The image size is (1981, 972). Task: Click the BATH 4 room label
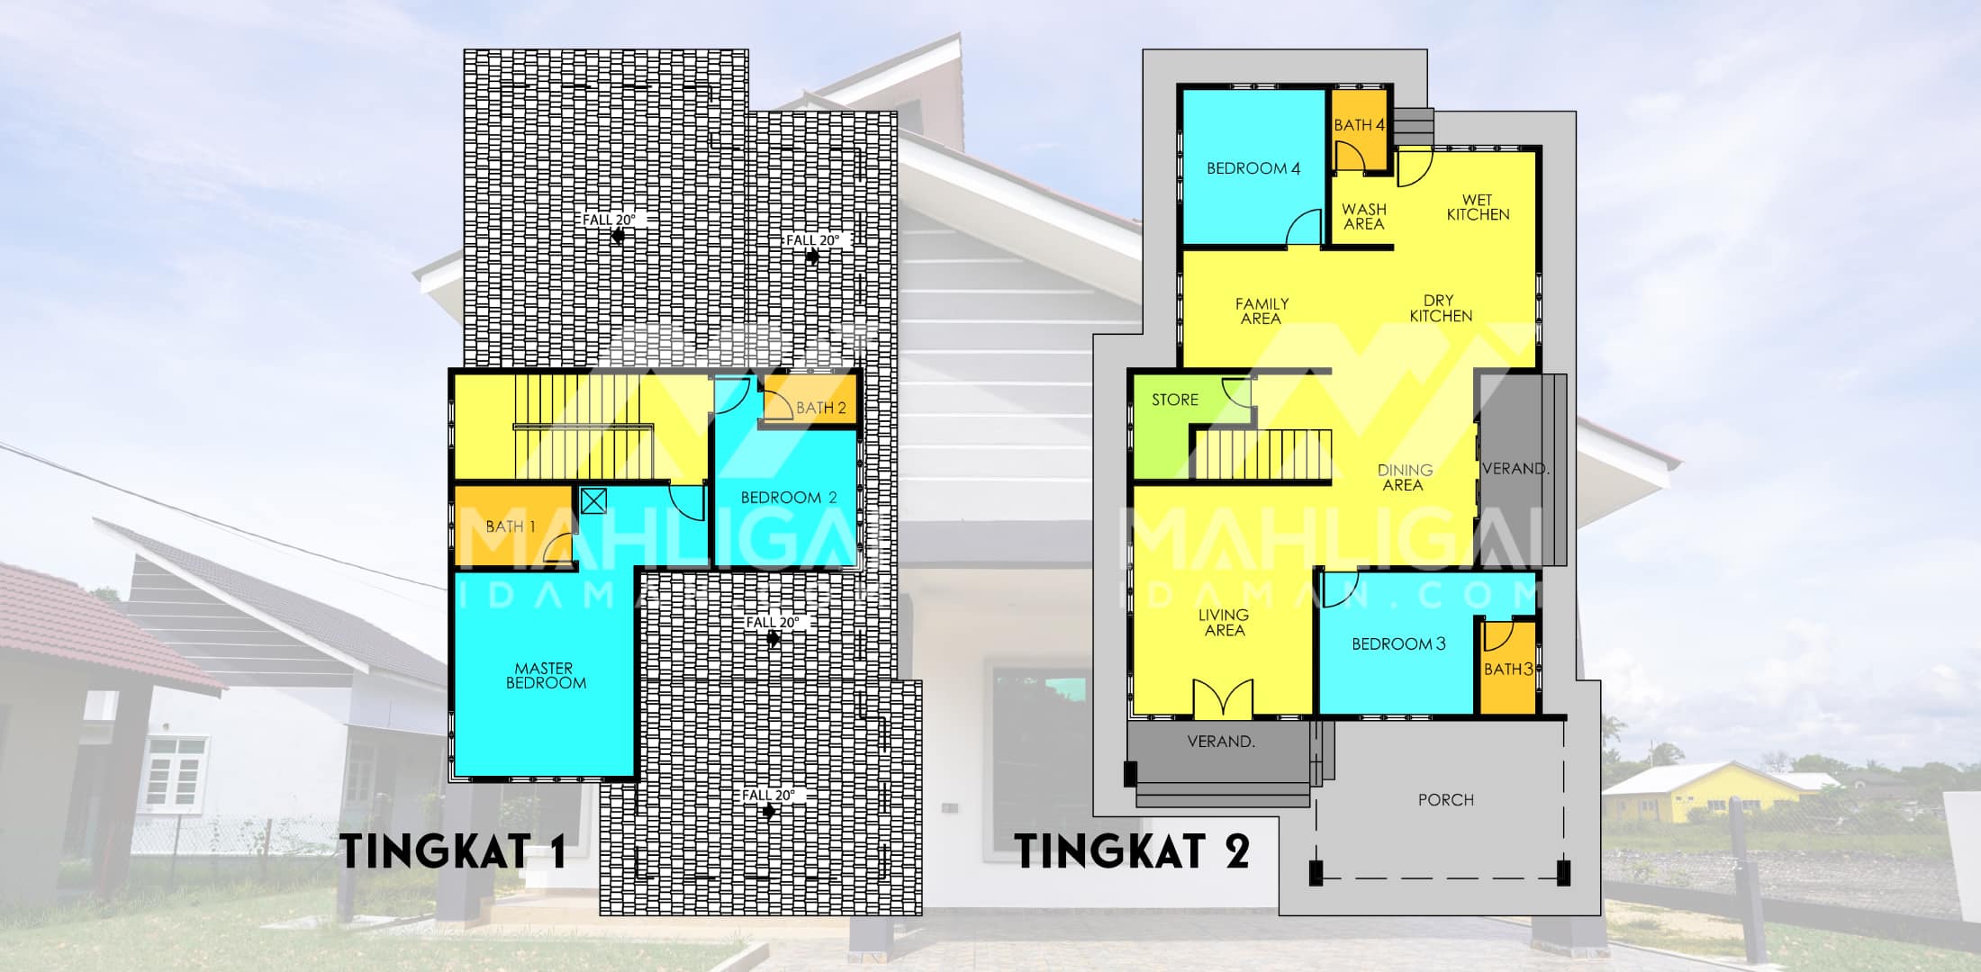1359,125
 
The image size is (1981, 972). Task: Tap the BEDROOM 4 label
1253,168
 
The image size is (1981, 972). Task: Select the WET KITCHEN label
1478,207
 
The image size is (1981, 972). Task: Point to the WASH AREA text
1363,216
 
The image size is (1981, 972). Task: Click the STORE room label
1175,400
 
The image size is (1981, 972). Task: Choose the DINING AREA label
1405,478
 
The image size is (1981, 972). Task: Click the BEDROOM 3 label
1398,644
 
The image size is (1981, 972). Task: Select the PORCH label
1446,800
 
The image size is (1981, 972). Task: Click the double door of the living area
1223,698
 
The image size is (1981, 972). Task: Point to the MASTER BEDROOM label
545,676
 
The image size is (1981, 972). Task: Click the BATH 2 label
821,409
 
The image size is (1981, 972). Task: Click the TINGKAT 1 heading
455,851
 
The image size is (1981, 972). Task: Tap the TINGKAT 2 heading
1133,851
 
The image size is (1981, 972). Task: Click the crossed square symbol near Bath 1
593,501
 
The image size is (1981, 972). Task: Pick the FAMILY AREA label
1262,311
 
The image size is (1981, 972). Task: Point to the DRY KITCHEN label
1441,309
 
